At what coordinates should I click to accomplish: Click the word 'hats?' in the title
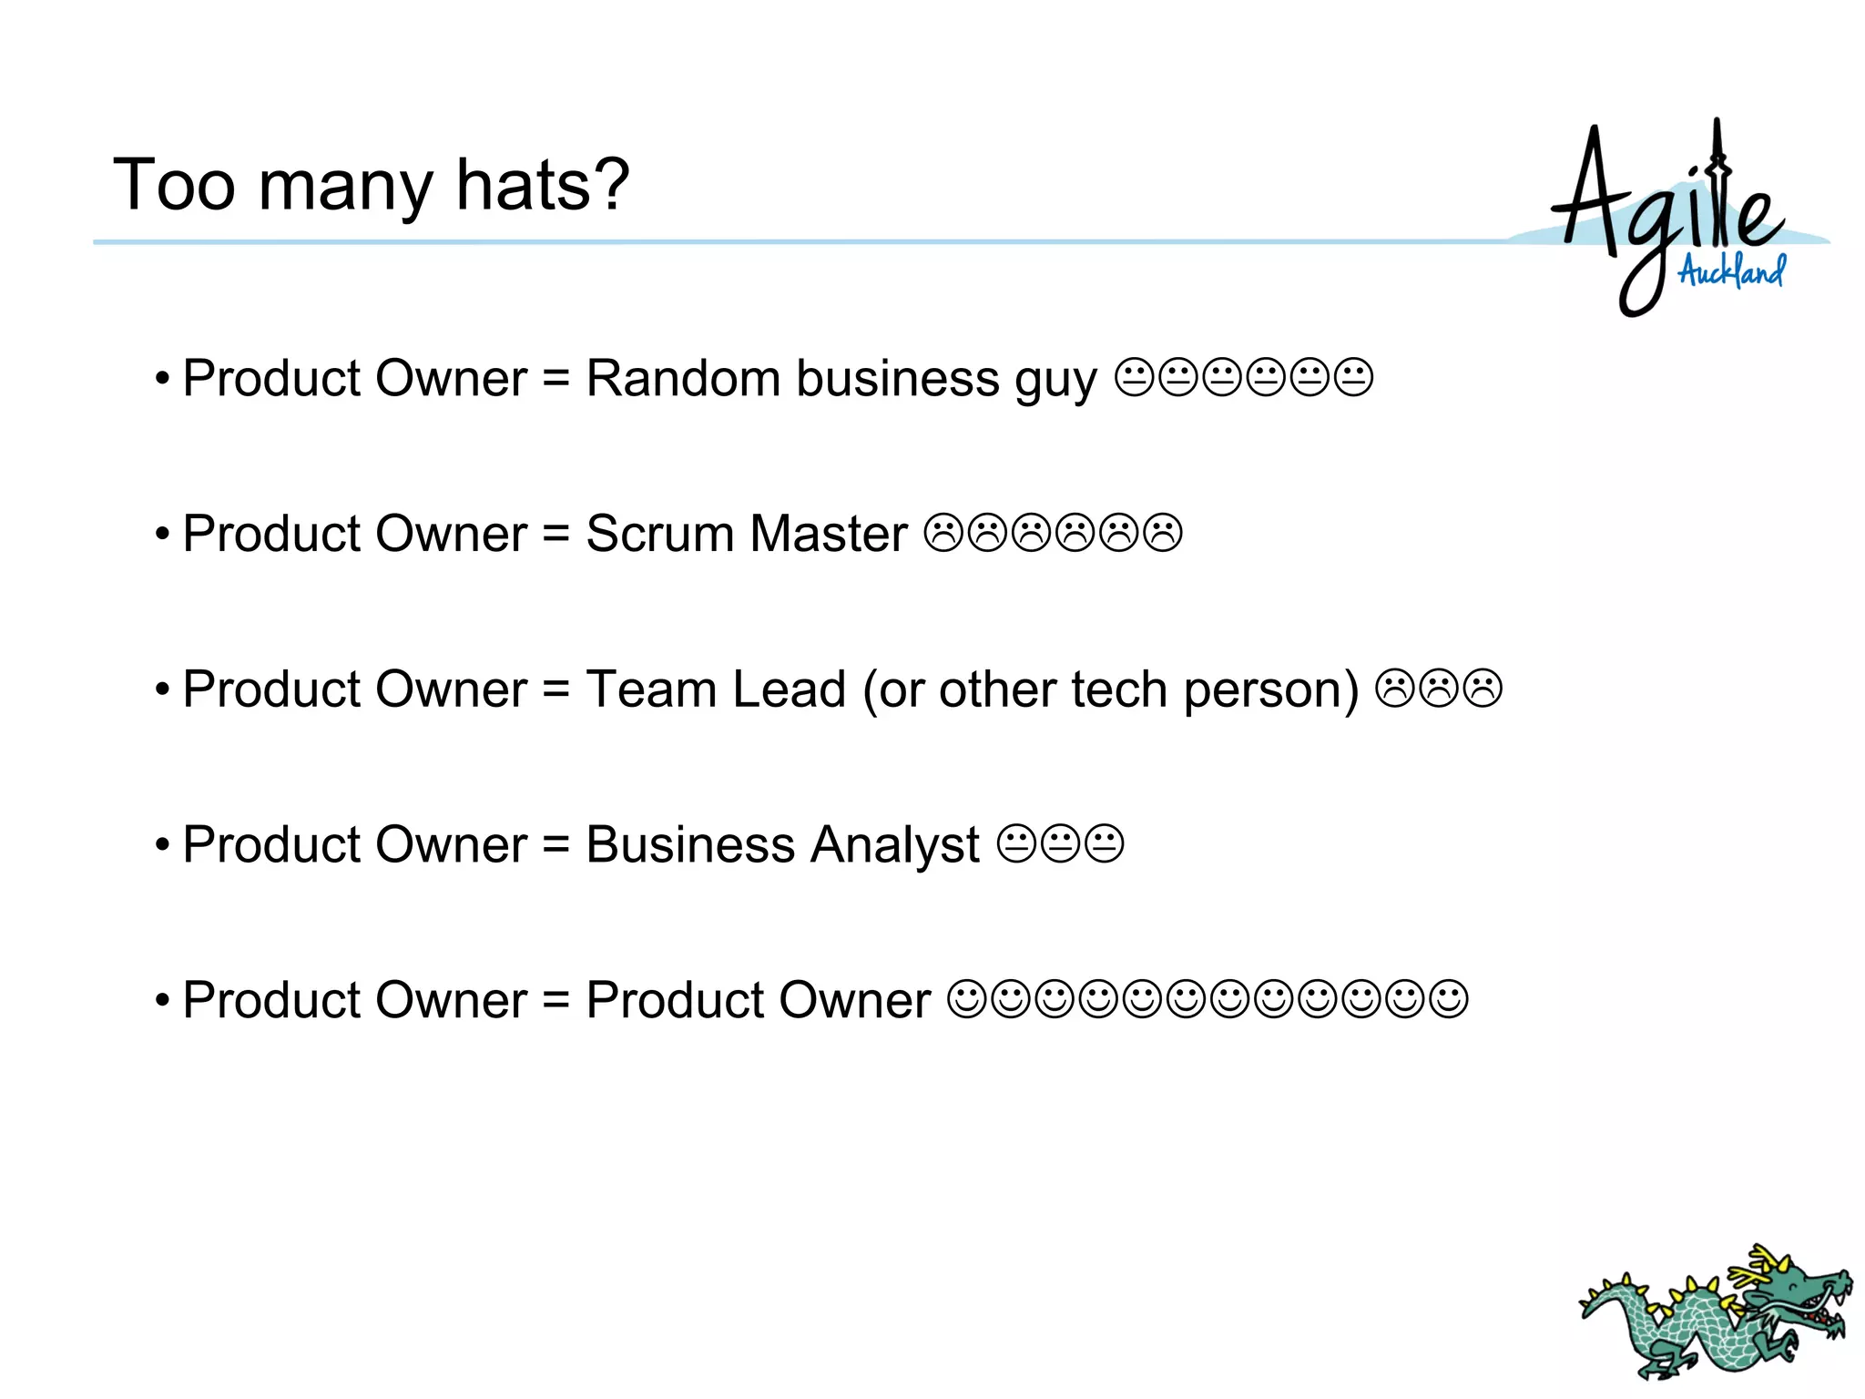543,185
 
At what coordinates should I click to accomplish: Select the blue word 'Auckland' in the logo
1731,271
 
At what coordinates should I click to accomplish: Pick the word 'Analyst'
895,845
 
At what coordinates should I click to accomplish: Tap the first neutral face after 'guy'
1134,378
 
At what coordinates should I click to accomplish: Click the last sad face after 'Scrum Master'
1163,534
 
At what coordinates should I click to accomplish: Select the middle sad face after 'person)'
1439,689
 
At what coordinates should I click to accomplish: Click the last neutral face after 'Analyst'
1105,844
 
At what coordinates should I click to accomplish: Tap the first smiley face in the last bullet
966,1000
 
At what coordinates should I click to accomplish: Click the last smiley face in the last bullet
1449,1000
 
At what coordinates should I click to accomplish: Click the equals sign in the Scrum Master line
555,534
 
